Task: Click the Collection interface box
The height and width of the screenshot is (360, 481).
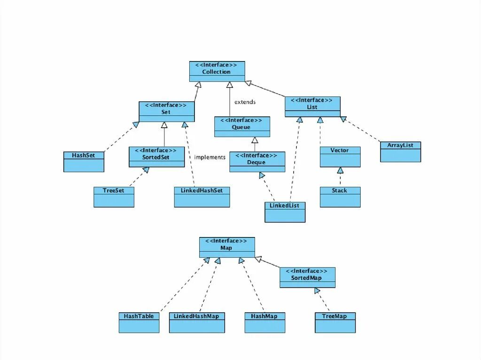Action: point(217,71)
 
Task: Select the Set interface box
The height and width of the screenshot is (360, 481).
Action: point(166,112)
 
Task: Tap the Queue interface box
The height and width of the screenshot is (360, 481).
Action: point(242,127)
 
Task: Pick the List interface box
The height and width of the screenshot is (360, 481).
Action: point(312,107)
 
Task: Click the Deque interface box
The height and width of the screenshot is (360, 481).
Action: point(257,162)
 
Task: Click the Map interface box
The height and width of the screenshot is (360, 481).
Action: point(227,247)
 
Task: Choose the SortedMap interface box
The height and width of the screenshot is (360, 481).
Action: point(307,277)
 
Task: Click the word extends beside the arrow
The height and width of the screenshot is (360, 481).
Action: point(245,102)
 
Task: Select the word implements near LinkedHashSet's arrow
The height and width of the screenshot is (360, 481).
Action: point(209,157)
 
